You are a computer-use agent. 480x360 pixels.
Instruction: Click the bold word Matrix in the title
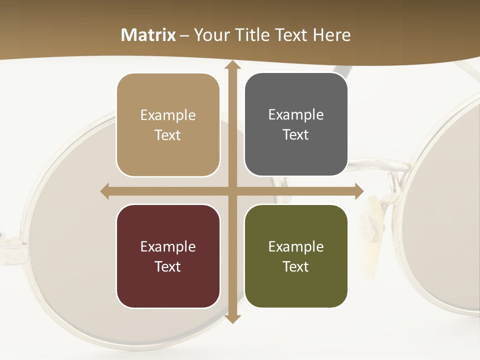[x=148, y=35]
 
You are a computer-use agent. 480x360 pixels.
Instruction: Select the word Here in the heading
[x=331, y=35]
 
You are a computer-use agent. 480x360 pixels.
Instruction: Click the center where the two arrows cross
[x=232, y=191]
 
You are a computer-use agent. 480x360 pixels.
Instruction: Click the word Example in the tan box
[x=168, y=115]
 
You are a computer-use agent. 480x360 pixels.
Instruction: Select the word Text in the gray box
[x=296, y=135]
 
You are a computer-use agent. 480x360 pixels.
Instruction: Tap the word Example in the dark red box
[x=168, y=246]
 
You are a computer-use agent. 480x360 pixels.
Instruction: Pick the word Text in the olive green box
[x=296, y=266]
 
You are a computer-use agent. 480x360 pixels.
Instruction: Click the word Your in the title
[x=209, y=35]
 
